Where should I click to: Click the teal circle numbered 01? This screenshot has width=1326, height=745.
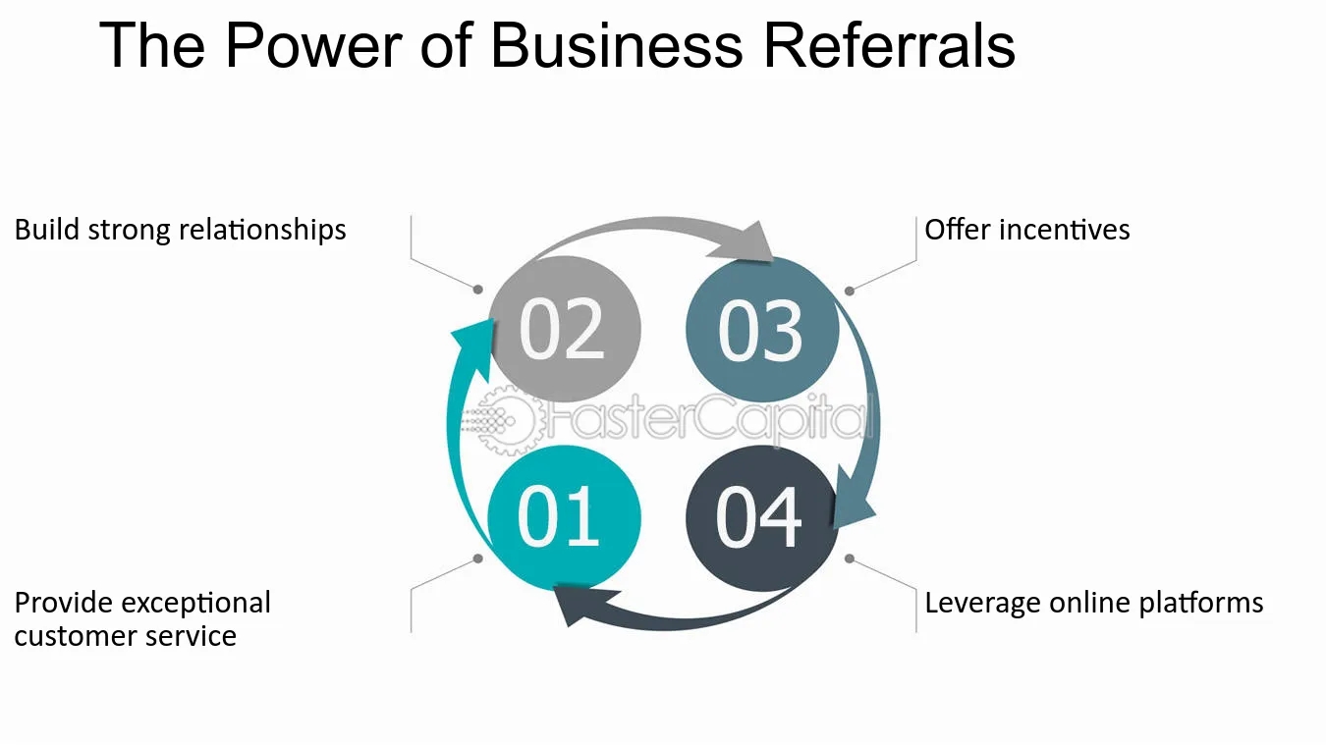pos(564,517)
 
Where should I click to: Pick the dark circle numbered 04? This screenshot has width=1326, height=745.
pos(760,517)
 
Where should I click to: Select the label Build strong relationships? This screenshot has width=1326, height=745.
pos(180,230)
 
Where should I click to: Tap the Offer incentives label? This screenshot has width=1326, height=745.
pos(1026,230)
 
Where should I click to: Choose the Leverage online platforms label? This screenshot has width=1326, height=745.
pos(1093,602)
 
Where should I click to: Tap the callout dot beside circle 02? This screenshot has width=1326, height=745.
pos(478,290)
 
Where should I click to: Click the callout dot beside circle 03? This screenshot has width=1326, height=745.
pos(849,290)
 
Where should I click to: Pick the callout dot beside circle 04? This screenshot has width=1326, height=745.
pos(849,559)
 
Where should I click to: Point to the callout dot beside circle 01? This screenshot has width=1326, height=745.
pos(478,559)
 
